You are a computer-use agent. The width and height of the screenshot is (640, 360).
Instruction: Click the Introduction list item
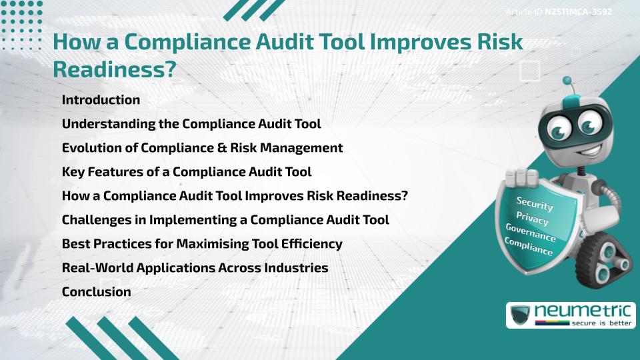click(101, 100)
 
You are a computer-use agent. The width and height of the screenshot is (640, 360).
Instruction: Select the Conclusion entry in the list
click(96, 291)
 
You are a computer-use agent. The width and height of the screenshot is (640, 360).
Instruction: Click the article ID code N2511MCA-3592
click(578, 12)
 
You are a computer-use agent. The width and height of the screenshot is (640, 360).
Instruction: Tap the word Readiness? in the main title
click(114, 69)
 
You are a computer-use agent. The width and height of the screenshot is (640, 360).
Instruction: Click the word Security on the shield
click(535, 203)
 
